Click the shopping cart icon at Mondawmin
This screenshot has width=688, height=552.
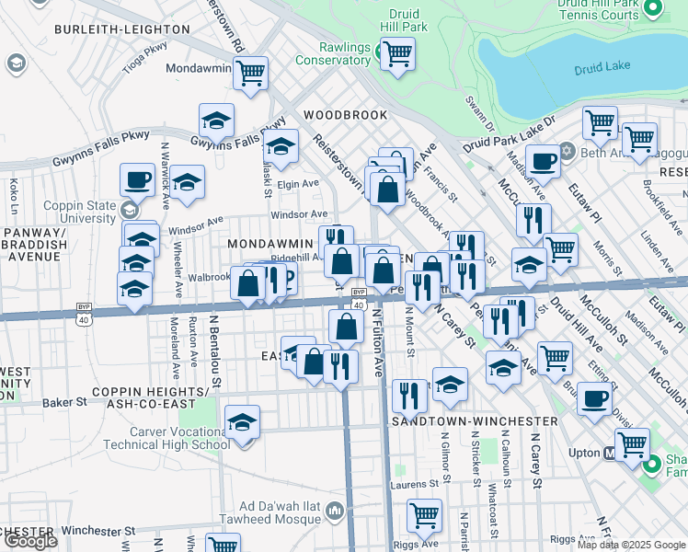[250, 73]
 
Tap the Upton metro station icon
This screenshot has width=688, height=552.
[608, 454]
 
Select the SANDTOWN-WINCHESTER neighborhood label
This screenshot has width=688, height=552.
[474, 420]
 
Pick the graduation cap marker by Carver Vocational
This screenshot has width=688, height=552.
[242, 422]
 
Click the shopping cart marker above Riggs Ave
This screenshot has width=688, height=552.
[424, 516]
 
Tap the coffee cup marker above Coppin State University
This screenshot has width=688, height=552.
[138, 179]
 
